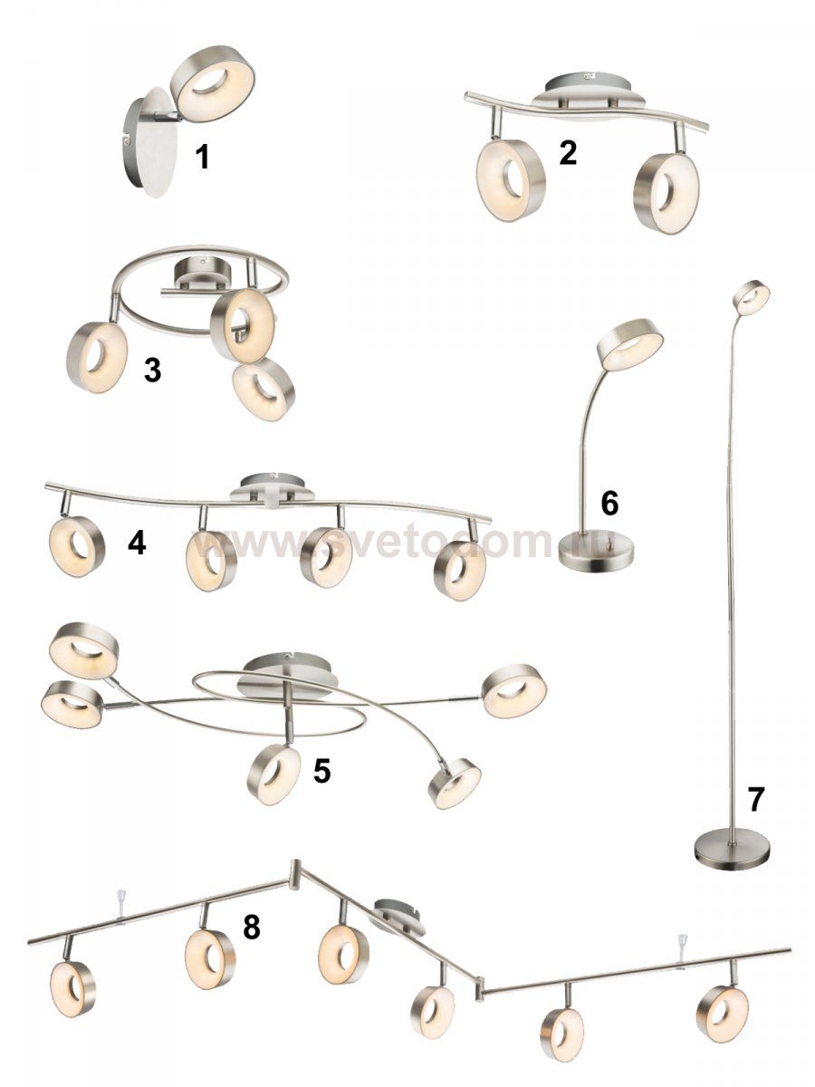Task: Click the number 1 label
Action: pos(202,158)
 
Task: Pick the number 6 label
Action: pos(609,503)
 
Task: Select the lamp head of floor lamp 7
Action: pos(751,297)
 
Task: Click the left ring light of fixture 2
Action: pos(511,179)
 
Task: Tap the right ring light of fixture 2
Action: pos(666,192)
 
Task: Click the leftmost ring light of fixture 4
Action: pos(77,546)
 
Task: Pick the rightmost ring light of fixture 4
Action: pos(460,571)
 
